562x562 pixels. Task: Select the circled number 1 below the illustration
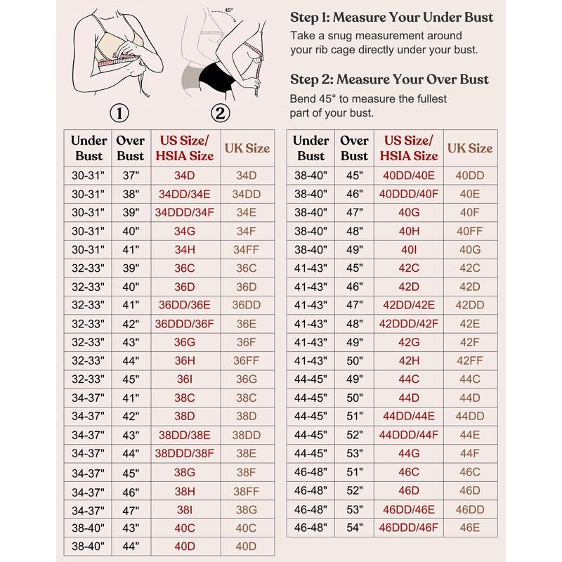coord(122,112)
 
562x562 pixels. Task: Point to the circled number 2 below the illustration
coord(220,112)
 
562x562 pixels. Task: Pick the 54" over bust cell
coord(354,526)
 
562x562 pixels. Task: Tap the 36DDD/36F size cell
coord(185,325)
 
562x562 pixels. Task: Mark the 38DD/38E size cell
coord(185,435)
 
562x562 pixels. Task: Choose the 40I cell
coord(409,249)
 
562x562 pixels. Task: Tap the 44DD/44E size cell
coord(409,416)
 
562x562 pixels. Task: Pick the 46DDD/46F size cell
coord(409,526)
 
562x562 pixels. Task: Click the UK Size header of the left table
coord(247,148)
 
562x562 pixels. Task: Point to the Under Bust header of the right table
coord(311,148)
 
